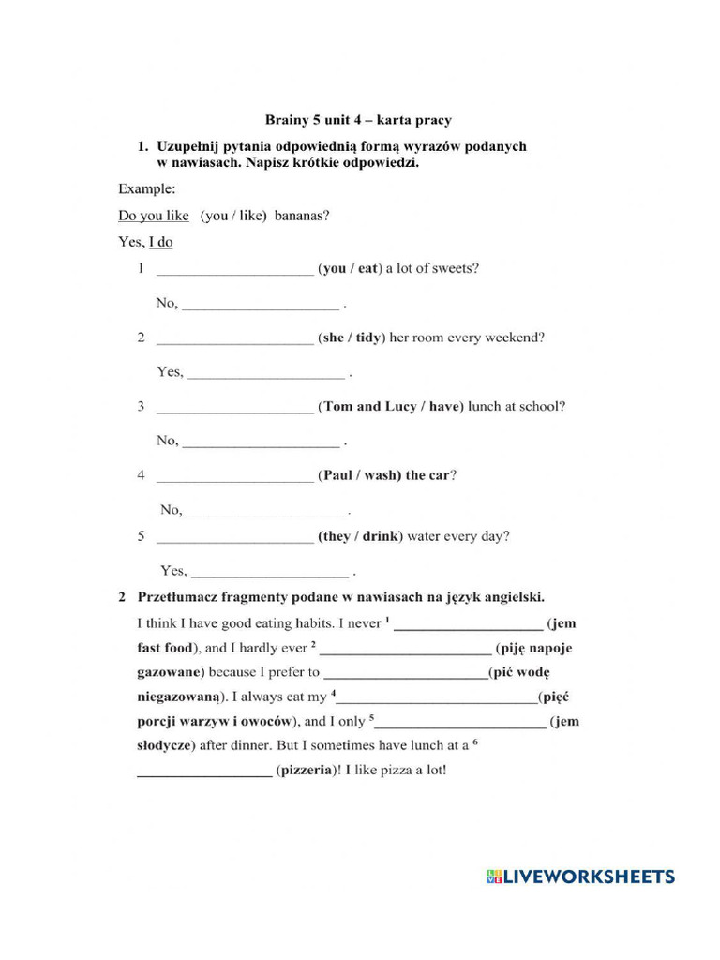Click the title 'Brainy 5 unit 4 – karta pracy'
coord(358,120)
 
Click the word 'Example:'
coord(146,188)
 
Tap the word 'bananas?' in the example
coord(302,216)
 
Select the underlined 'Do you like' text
coord(154,216)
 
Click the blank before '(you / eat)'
coord(234,269)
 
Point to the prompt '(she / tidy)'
coord(352,337)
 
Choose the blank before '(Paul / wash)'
coord(234,476)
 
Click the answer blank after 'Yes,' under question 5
coord(270,572)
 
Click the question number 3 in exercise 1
coord(141,407)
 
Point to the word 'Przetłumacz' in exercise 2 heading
coord(178,597)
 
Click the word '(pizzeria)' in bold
coord(306,771)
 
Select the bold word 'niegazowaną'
coord(180,697)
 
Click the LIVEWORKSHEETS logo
coord(580,877)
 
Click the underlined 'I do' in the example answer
coord(161,243)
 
